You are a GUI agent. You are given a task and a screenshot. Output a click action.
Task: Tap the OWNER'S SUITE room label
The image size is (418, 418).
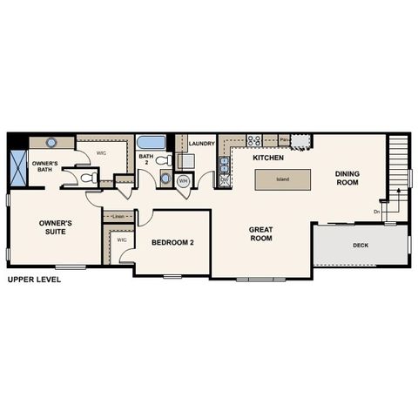click(x=56, y=227)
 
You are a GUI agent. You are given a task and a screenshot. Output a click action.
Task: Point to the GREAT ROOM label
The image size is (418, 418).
click(x=261, y=233)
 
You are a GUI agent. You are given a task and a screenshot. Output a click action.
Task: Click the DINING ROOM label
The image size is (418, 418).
click(x=347, y=178)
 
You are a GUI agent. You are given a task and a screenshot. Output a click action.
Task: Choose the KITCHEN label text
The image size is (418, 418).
click(x=268, y=158)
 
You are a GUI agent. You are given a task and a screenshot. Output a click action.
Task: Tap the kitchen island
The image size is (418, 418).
click(x=282, y=179)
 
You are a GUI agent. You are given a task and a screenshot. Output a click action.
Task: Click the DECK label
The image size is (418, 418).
click(x=360, y=246)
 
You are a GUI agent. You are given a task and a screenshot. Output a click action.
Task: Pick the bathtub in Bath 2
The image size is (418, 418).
click(x=153, y=142)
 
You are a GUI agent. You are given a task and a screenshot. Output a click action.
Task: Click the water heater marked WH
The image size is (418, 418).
click(x=184, y=181)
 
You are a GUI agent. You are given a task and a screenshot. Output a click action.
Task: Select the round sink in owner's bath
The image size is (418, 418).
click(x=51, y=142)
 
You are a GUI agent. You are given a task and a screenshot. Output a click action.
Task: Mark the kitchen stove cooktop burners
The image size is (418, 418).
click(x=254, y=140)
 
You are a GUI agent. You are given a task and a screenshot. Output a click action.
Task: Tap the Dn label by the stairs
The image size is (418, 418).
click(x=377, y=212)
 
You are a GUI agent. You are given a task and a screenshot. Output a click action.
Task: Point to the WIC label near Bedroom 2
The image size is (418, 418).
click(x=122, y=239)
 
